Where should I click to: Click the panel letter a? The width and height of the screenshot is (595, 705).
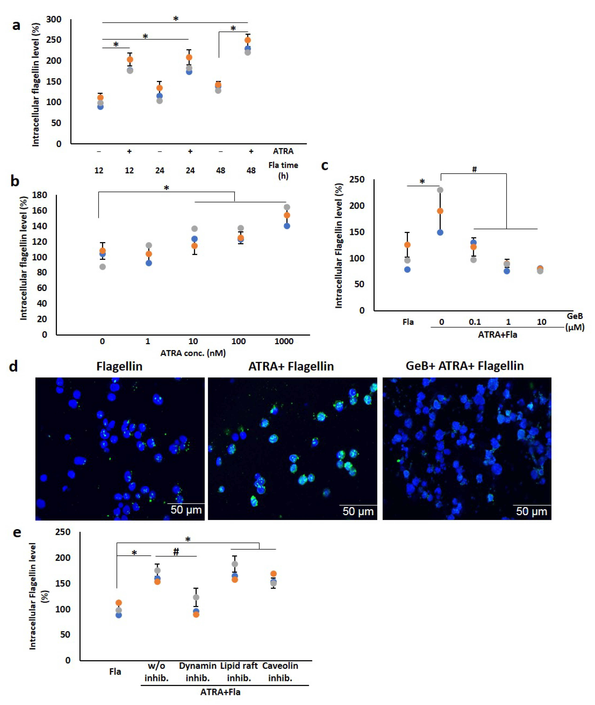point(16,25)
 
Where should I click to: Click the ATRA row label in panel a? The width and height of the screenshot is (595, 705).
point(283,151)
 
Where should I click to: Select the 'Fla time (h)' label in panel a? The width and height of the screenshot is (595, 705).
point(283,170)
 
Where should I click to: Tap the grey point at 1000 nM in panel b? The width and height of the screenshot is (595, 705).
point(287,207)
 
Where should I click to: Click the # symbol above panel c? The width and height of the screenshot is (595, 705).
point(474,169)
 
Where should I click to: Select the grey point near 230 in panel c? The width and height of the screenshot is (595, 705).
point(440,190)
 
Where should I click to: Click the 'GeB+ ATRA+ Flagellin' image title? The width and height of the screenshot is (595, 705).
point(464,366)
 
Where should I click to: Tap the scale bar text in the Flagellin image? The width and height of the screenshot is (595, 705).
point(186,510)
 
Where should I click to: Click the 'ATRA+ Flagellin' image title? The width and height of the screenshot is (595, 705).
point(291,366)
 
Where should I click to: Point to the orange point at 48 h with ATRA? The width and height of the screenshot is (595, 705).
point(248,40)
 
